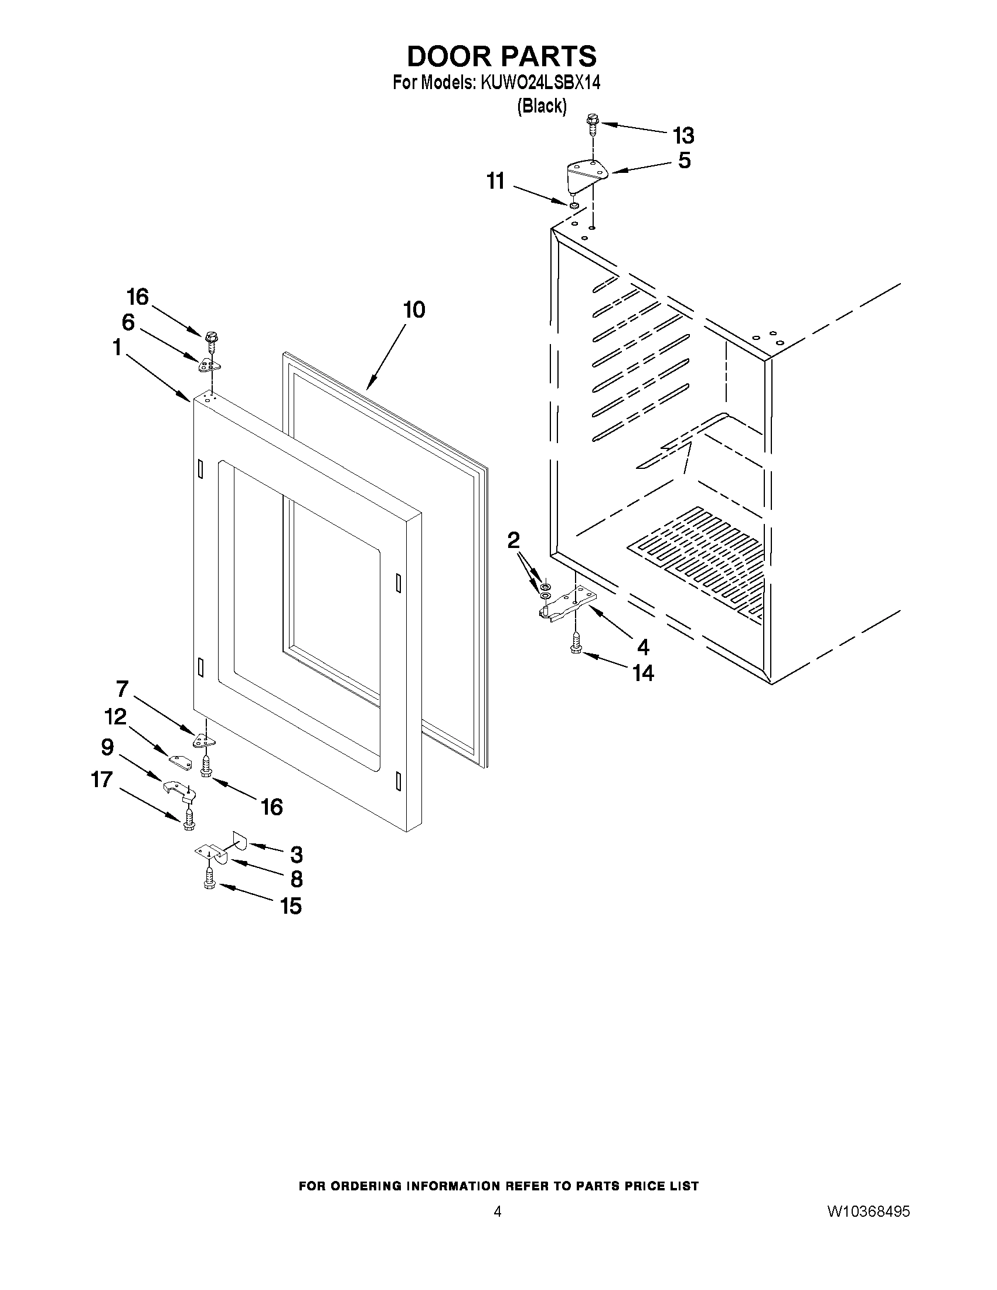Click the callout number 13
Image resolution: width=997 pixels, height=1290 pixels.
pos(683,136)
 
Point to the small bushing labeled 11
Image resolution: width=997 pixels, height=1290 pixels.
pos(573,205)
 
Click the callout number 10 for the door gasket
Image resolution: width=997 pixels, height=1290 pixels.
pos(414,309)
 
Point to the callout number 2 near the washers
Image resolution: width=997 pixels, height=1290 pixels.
pos(513,539)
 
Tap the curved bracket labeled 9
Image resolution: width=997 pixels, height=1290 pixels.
pos(179,789)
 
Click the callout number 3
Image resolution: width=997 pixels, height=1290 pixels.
pos(296,854)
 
